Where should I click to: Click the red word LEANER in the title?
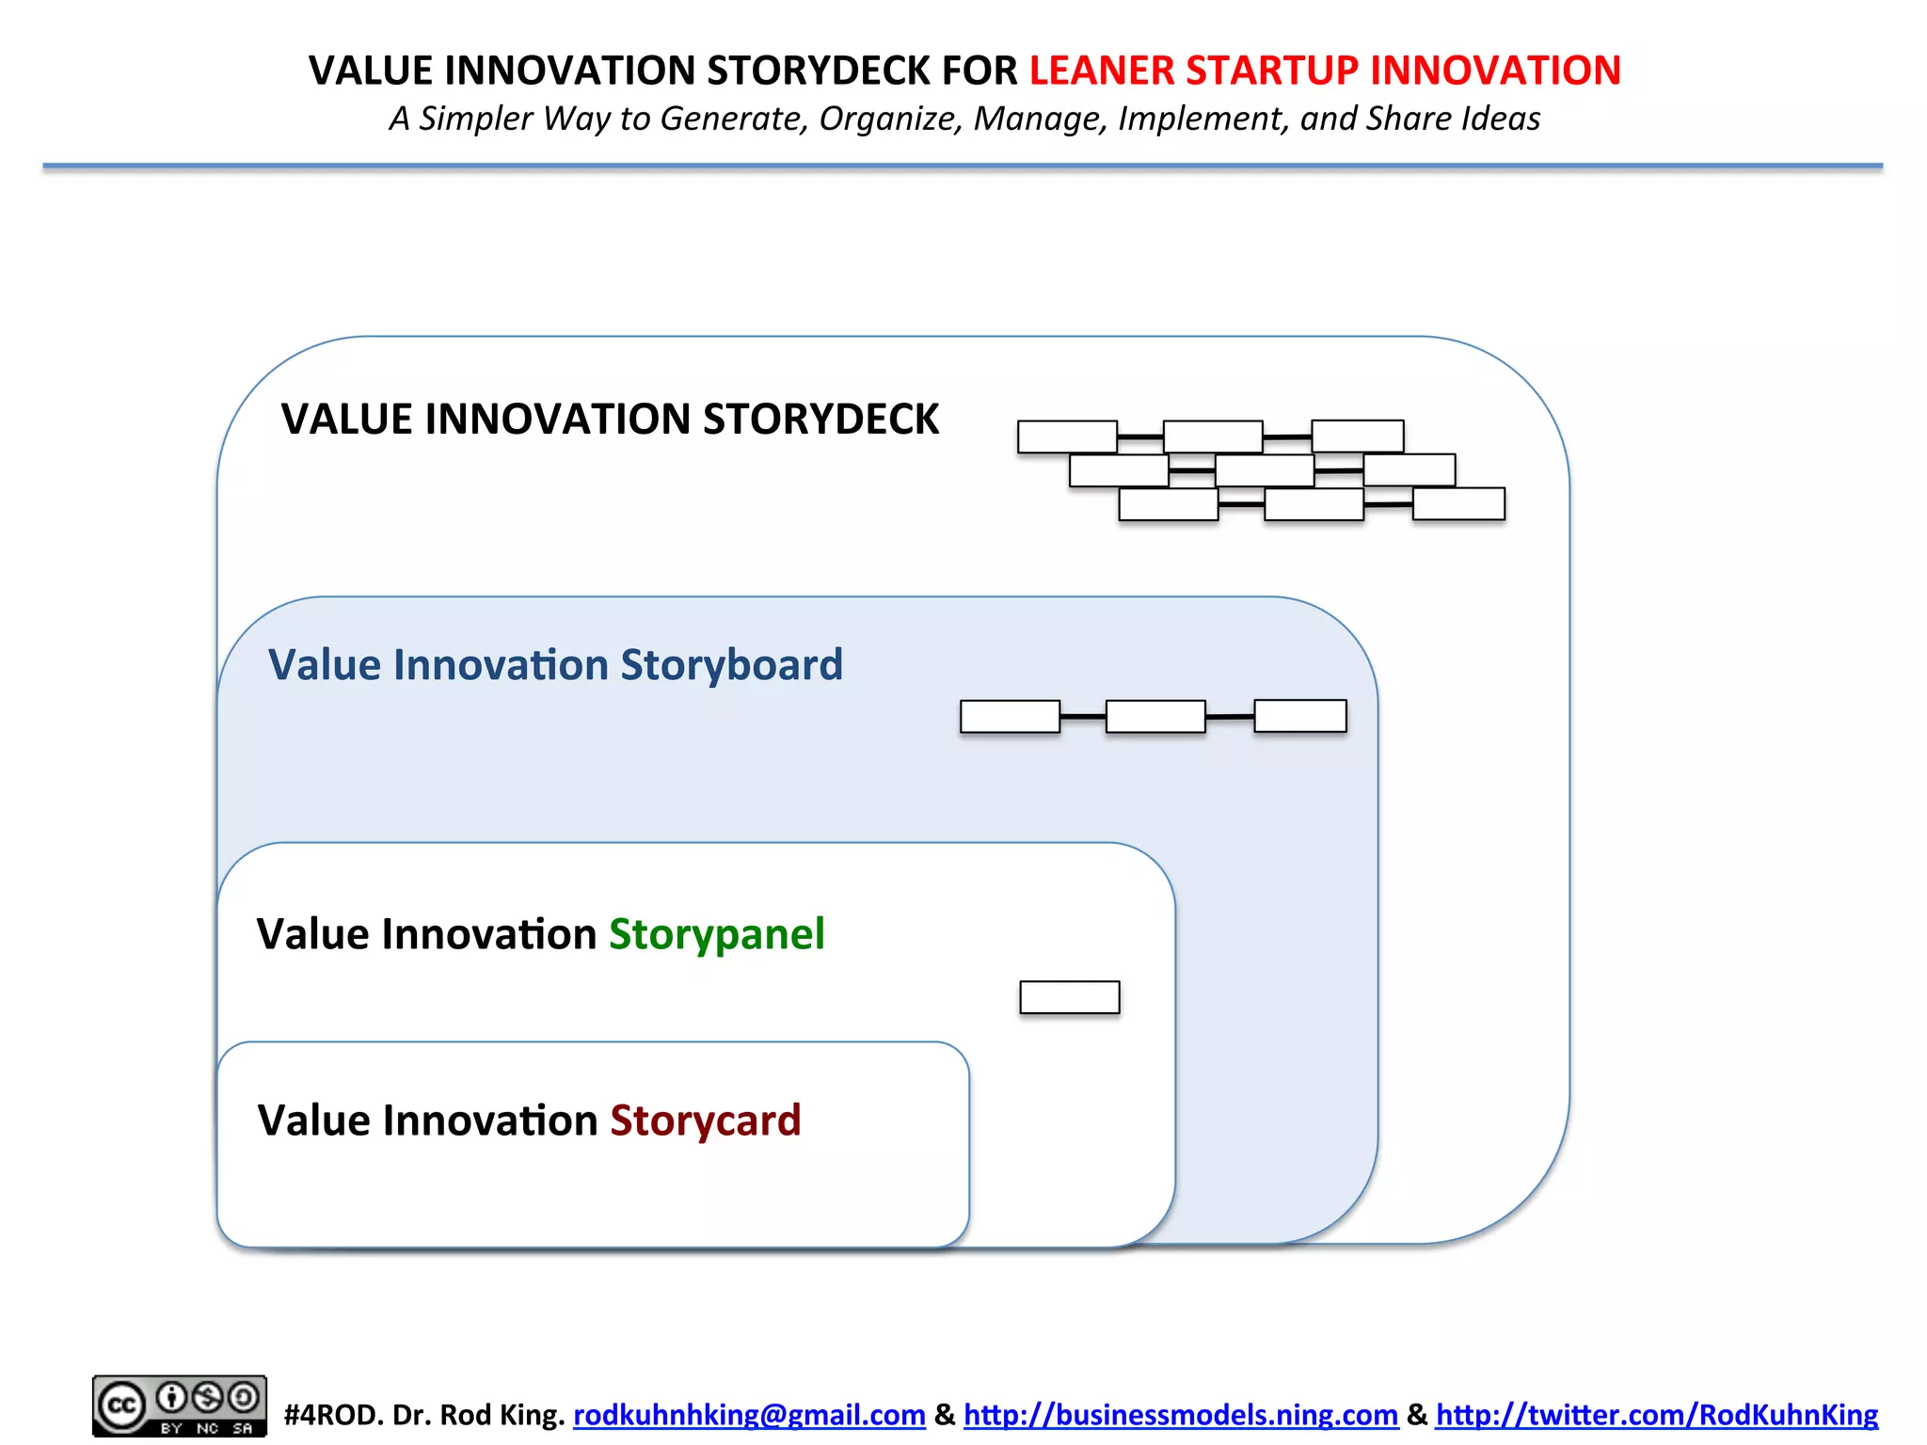(1101, 71)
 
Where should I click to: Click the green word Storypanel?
(716, 934)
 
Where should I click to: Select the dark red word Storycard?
(705, 1120)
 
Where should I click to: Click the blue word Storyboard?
(731, 665)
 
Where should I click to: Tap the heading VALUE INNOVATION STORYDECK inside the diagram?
(610, 419)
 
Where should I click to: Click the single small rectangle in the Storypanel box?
(1070, 997)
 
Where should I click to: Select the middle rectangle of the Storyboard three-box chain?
(1155, 716)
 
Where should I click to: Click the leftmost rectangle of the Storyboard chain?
(1010, 716)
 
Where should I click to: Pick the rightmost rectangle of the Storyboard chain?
(1300, 715)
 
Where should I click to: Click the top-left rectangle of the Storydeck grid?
(1067, 437)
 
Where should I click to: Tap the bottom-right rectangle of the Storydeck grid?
(1458, 503)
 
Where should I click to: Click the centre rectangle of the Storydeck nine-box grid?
(1265, 470)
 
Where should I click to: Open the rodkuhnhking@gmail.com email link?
(749, 1414)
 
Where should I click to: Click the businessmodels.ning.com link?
(1180, 1414)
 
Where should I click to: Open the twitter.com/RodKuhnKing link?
(1656, 1414)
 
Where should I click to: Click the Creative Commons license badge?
(179, 1405)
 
